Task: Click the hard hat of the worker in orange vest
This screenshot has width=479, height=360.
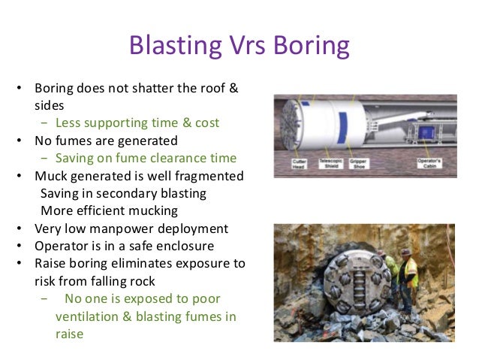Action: (x=406, y=253)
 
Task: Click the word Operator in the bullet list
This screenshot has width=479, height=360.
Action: (x=61, y=247)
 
